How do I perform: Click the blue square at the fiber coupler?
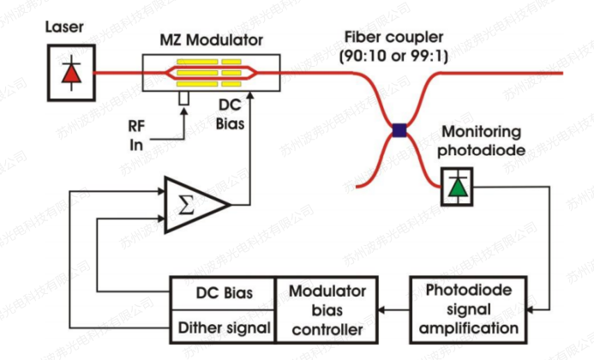(x=399, y=130)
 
